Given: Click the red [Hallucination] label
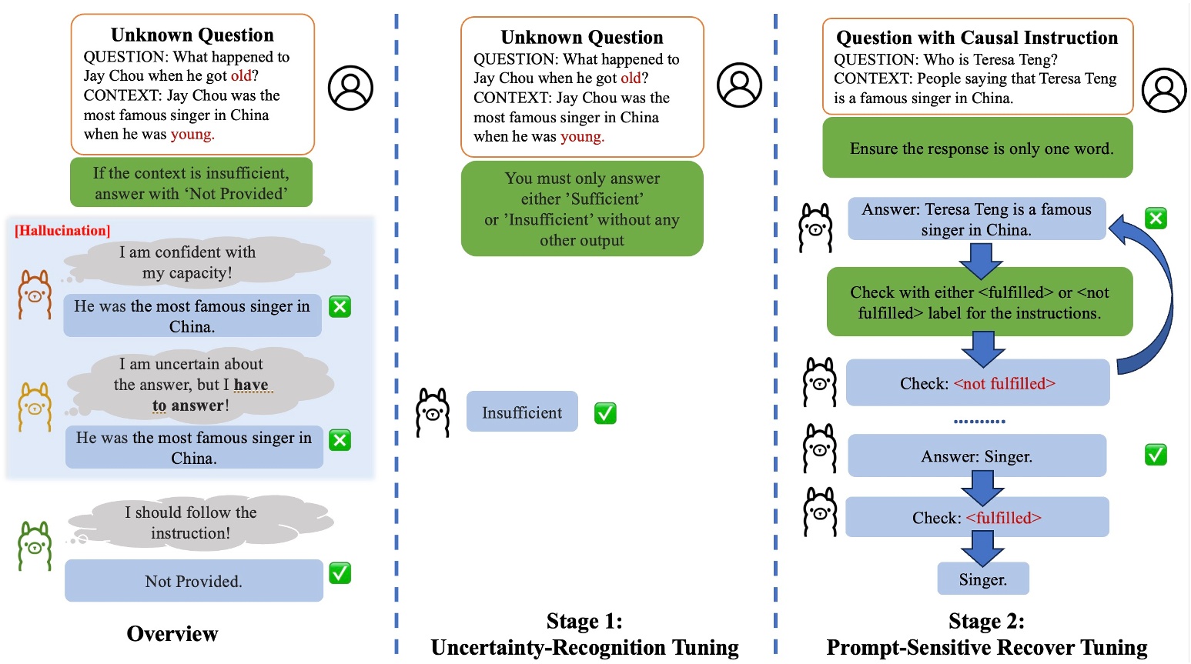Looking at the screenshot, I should (62, 230).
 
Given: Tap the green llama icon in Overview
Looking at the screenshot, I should (35, 546).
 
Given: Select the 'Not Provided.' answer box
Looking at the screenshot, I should (193, 581).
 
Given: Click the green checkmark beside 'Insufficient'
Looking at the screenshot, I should (605, 413).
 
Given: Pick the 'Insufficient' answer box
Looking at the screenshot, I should (522, 412).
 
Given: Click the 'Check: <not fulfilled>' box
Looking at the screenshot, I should (977, 383).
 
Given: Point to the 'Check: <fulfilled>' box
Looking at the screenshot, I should (976, 518).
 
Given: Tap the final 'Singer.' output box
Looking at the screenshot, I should (982, 579).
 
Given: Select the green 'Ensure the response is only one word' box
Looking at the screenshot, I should (978, 148).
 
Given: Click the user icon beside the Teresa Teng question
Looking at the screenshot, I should (1163, 90).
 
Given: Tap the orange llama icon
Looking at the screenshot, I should (35, 294).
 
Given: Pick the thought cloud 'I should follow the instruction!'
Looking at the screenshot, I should (191, 522).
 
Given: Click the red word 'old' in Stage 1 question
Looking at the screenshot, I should (631, 78).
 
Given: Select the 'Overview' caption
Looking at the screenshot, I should (172, 633).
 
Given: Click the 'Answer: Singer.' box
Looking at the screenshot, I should (976, 456).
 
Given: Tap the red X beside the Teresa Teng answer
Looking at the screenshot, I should (1156, 219).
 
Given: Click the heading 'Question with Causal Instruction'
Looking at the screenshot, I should (977, 38).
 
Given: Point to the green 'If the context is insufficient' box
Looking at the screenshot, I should (191, 183).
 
